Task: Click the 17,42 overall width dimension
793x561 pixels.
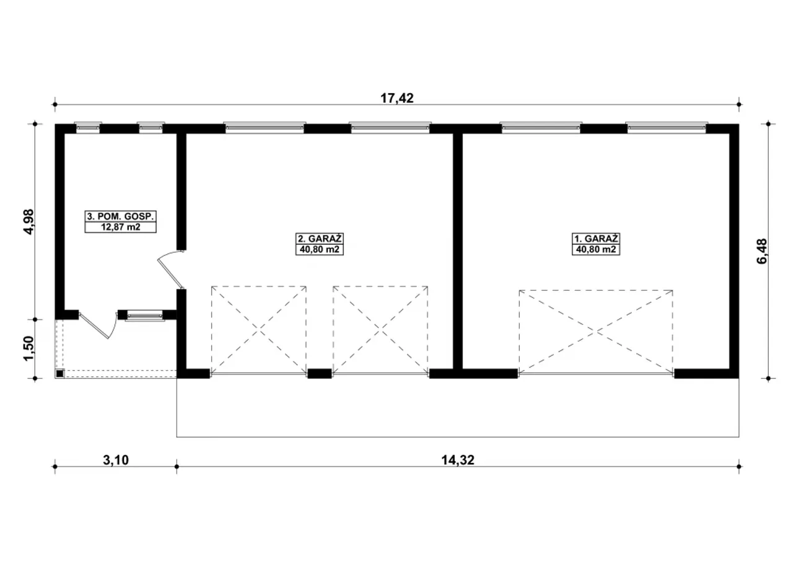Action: tap(397, 98)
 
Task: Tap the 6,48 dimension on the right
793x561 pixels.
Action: tap(761, 251)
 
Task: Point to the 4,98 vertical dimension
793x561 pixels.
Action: tap(28, 221)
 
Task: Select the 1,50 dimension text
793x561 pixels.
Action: tap(28, 348)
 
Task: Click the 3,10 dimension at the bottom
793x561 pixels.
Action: tap(116, 460)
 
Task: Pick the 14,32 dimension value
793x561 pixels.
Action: tap(457, 460)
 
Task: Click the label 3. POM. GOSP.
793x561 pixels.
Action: tap(120, 216)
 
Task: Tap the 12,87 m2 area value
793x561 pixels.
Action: tap(120, 227)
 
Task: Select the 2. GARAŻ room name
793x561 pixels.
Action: tap(319, 238)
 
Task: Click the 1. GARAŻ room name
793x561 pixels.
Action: tap(596, 238)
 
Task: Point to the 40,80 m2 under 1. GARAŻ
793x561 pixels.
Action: tap(596, 249)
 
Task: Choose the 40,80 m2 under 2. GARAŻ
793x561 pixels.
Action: tap(319, 249)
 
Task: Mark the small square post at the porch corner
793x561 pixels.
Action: tap(60, 373)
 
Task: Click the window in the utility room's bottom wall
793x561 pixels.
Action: tap(145, 315)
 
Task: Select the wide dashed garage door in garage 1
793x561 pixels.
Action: tap(596, 332)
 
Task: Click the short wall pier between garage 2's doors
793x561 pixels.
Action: tap(319, 374)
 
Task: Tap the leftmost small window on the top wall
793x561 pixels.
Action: tap(88, 128)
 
